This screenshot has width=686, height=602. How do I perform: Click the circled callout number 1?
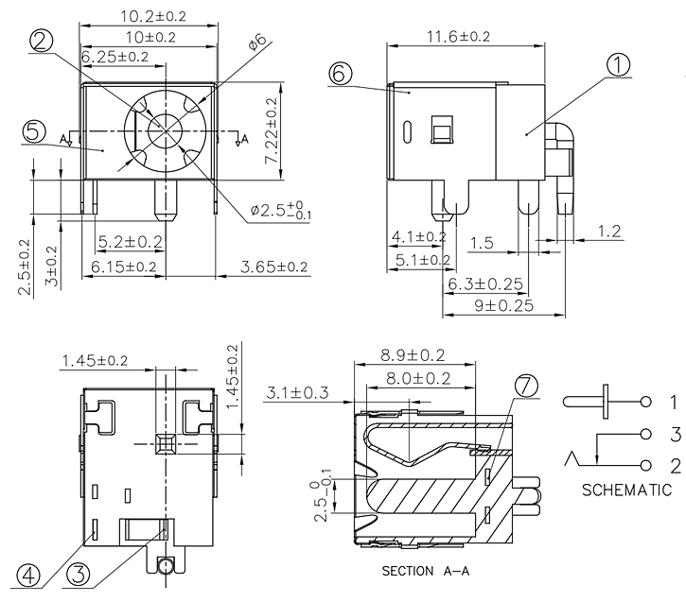(617, 65)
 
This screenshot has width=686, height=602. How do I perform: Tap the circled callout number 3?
(80, 575)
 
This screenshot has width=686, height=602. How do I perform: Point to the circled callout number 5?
(33, 132)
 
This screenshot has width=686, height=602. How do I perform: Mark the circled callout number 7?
(527, 385)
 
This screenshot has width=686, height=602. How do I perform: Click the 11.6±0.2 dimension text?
(458, 37)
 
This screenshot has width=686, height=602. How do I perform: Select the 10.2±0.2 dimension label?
(153, 16)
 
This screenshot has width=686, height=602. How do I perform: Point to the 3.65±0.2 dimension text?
(273, 267)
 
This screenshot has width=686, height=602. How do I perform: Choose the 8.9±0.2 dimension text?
(413, 355)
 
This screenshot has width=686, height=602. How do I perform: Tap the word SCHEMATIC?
(626, 490)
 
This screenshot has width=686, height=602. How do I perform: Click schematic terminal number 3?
(675, 434)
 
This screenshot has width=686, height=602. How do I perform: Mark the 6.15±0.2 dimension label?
(124, 267)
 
